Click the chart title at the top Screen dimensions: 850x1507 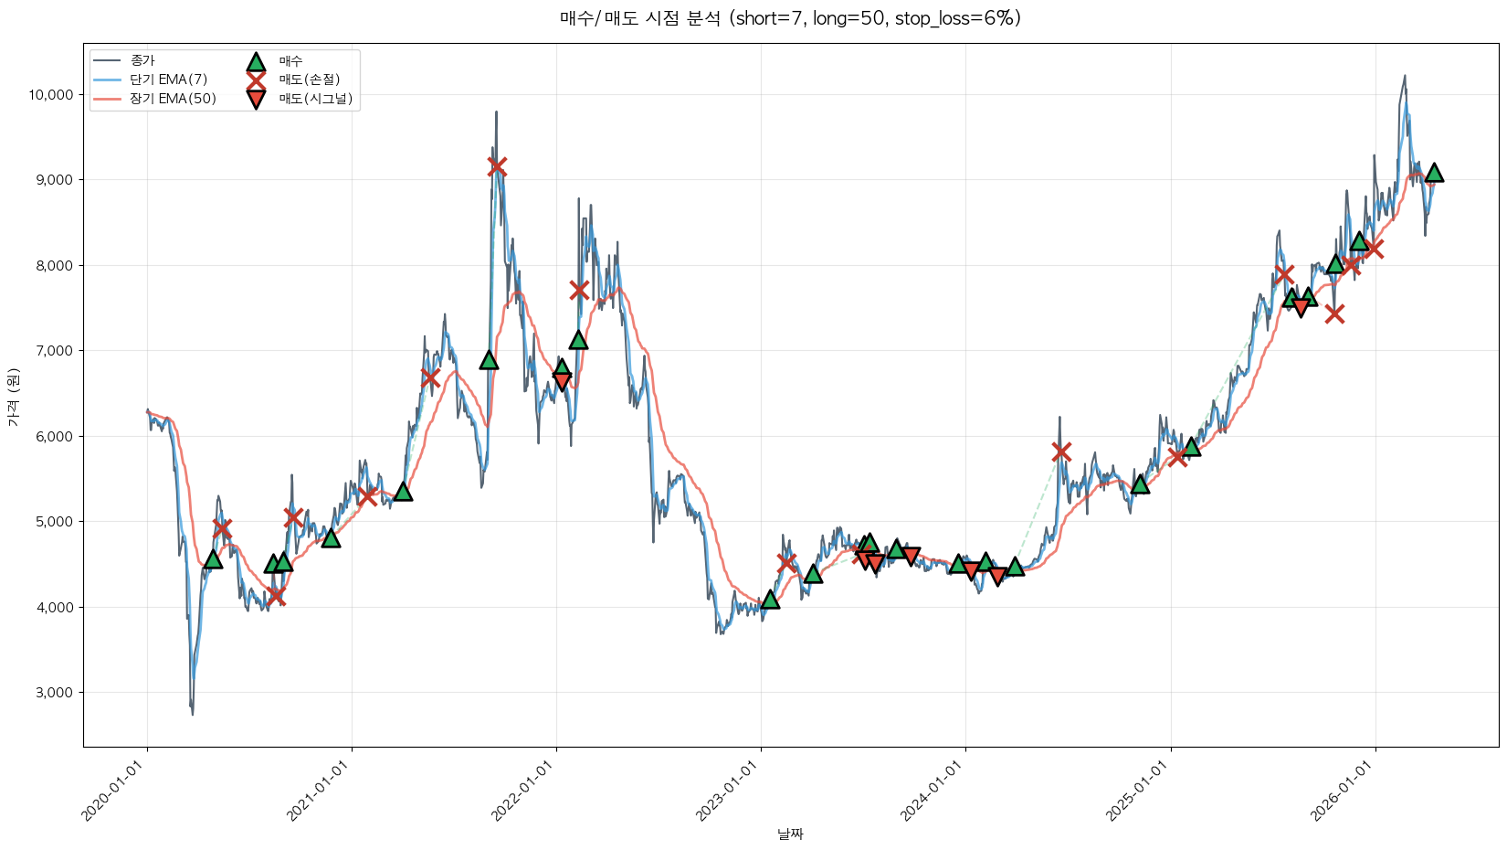(790, 18)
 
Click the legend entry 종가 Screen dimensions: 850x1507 (142, 60)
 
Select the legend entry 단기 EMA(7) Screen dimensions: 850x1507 (168, 80)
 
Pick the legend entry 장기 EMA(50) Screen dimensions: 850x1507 (173, 99)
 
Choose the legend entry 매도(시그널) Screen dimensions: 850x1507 (315, 99)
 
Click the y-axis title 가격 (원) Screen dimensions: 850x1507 (13, 397)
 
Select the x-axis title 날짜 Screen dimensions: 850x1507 (790, 834)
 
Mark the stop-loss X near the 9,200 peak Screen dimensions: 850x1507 (497, 166)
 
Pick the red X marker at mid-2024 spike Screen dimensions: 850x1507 (1060, 452)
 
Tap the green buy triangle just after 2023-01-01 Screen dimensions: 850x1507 (770, 600)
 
